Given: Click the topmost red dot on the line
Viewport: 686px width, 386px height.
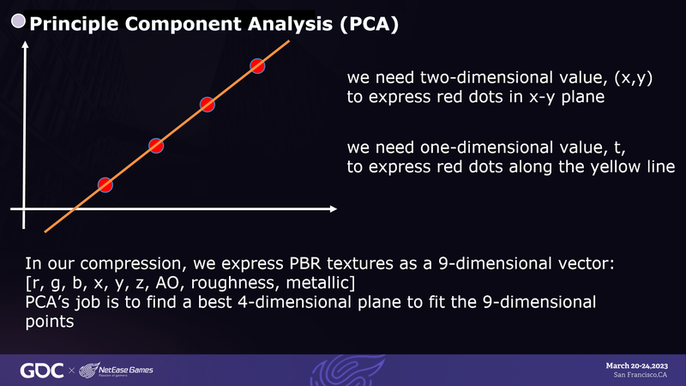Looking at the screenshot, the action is point(257,66).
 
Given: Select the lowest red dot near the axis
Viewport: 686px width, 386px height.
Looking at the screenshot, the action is point(105,185).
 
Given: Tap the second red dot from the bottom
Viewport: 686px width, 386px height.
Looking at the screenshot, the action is point(156,146).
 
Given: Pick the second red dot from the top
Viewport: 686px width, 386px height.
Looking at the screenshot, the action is point(207,105).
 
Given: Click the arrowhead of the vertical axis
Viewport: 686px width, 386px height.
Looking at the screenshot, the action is point(25,45).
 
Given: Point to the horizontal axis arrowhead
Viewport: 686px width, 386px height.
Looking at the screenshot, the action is point(334,208).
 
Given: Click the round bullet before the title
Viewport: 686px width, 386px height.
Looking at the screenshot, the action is point(18,21).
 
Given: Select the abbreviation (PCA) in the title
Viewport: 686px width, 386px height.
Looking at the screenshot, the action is point(369,24).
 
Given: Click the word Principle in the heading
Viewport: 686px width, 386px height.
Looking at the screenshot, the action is point(74,25).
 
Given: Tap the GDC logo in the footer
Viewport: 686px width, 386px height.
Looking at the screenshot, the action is point(41,371).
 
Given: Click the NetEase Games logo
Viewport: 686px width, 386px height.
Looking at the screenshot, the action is point(116,371).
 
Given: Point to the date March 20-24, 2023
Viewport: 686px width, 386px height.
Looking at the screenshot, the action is point(636,366).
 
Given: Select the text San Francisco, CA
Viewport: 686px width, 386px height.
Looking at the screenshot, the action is point(640,375).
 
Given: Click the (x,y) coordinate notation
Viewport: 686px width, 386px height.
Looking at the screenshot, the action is point(633,78).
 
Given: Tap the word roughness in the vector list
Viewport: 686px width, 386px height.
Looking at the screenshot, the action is point(233,284).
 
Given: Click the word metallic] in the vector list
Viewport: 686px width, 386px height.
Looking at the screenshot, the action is point(320,283).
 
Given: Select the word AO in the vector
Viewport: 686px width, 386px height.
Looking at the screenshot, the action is point(167,283).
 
